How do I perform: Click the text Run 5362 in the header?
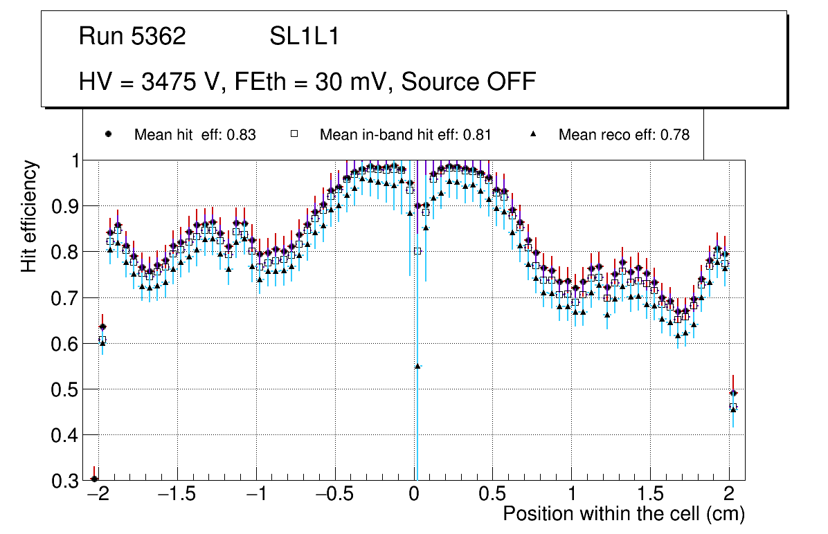coord(132,37)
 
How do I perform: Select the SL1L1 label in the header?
coord(305,37)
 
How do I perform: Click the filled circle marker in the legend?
coord(108,134)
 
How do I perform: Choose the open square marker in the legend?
coord(294,134)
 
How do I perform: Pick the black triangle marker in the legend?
coord(533,134)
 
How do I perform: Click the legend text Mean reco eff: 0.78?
coord(624,135)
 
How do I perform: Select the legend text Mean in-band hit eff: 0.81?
coord(405,135)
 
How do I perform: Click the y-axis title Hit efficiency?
coord(29,216)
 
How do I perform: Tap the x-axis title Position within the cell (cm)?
coord(623,514)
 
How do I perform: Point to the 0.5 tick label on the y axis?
coord(64,389)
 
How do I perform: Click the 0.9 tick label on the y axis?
coord(64,206)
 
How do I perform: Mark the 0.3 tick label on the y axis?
coord(64,481)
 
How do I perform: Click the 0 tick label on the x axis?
coord(414,495)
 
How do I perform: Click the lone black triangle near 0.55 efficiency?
coord(417,366)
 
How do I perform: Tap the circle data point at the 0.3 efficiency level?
coord(95,479)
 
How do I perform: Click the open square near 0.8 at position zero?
coord(417,251)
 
